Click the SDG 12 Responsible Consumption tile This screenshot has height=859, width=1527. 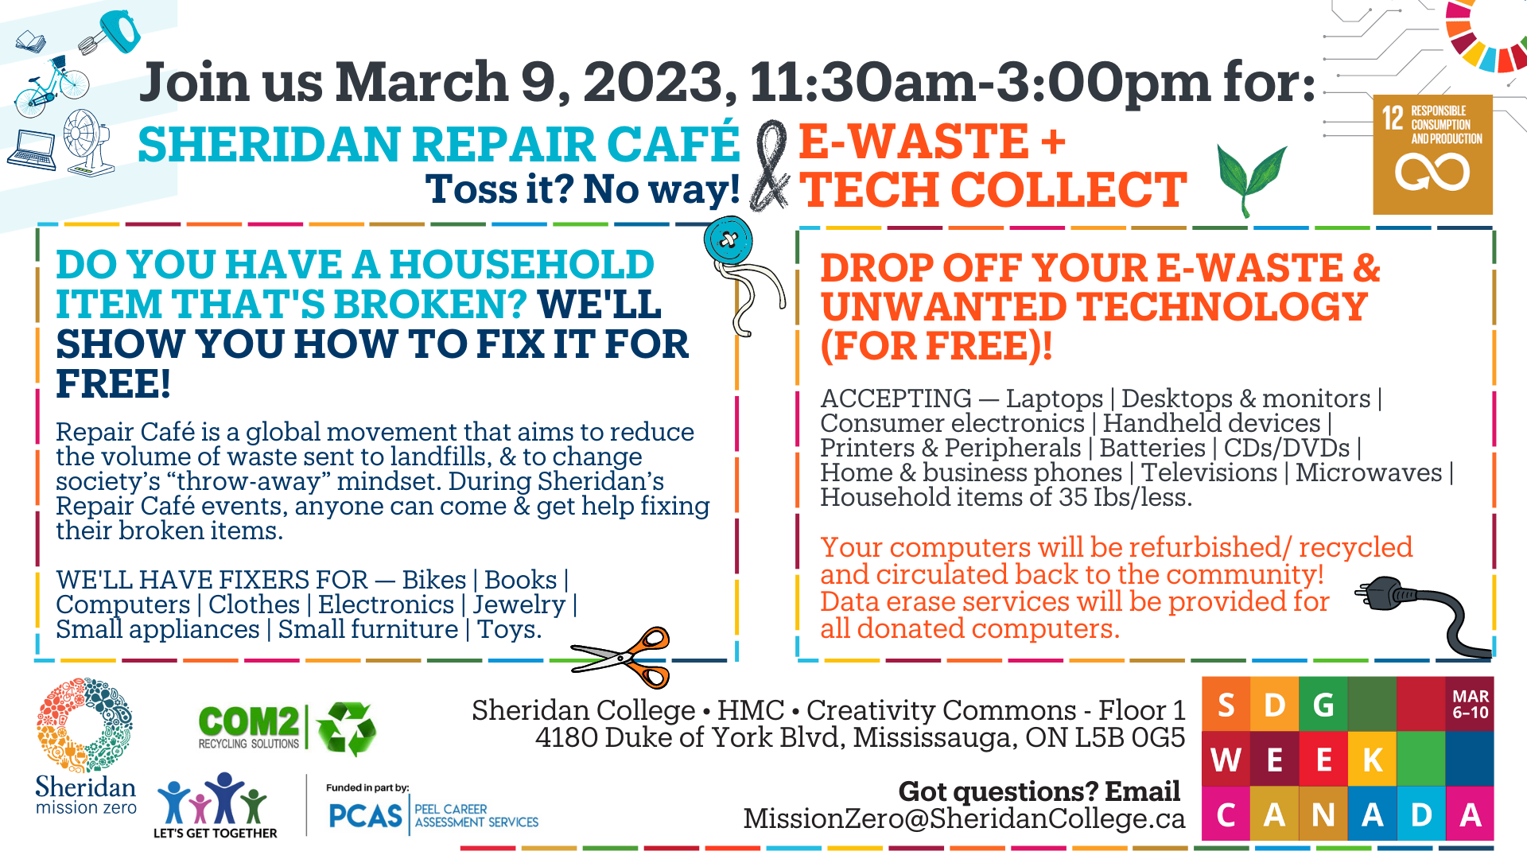click(1432, 154)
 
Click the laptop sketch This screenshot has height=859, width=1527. click(33, 150)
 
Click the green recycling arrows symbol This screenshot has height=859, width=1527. click(347, 728)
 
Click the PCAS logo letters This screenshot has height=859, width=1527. click(366, 816)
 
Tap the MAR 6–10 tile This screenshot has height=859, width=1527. click(1470, 704)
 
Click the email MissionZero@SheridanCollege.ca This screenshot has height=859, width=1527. click(964, 818)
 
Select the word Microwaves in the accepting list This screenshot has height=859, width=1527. click(1368, 472)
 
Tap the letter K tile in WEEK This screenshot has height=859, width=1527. click(1372, 760)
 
